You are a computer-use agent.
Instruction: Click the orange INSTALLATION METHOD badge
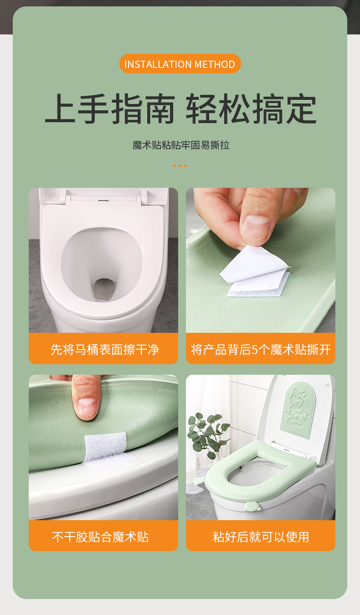click(x=180, y=64)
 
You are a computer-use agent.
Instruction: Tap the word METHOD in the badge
click(x=215, y=64)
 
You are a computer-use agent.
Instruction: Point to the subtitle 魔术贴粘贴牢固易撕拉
click(x=180, y=145)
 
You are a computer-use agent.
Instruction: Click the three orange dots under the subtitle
click(x=180, y=166)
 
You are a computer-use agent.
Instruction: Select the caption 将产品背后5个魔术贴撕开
click(x=260, y=350)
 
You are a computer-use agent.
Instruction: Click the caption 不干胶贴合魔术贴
click(x=100, y=537)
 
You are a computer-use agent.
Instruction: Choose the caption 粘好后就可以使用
click(x=260, y=537)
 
